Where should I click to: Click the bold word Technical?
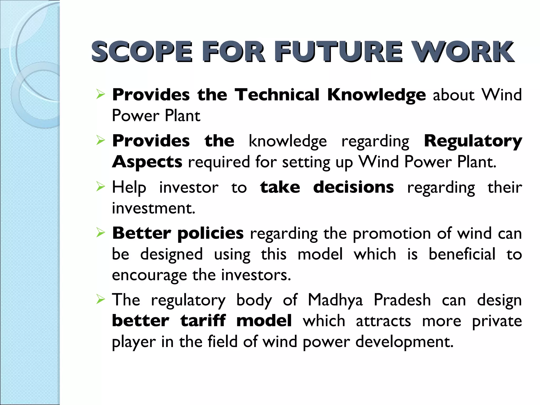[277, 95]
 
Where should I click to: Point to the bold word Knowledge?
[376, 95]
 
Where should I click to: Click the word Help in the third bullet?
[129, 188]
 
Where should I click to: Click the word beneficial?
[462, 254]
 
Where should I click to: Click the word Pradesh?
[402, 300]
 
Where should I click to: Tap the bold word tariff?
[203, 321]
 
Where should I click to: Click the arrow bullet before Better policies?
[100, 233]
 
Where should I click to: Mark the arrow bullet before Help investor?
[100, 187]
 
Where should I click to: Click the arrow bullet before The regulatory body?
[100, 300]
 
